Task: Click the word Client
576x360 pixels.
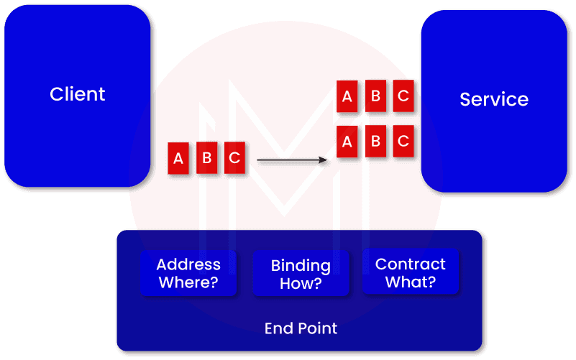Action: pos(78,94)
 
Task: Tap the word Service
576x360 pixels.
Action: pos(493,99)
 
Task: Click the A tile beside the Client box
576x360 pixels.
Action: pos(179,158)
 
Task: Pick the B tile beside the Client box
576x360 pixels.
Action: pos(206,158)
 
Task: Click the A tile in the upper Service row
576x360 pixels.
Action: pos(347,97)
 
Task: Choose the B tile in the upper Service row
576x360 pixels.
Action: pos(375,97)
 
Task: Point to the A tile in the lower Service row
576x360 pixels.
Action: pos(347,142)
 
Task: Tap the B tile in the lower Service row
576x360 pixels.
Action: pos(375,142)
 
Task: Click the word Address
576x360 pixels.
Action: pos(188,264)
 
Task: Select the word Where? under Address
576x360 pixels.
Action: pos(188,282)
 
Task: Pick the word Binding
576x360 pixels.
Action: pos(301,266)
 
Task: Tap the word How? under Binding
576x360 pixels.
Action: pos(301,284)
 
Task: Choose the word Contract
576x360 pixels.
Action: pos(411,264)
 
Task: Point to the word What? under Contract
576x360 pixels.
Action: pos(411,282)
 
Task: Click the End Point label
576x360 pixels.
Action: pos(301,328)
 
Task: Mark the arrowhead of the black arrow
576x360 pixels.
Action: pos(325,162)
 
